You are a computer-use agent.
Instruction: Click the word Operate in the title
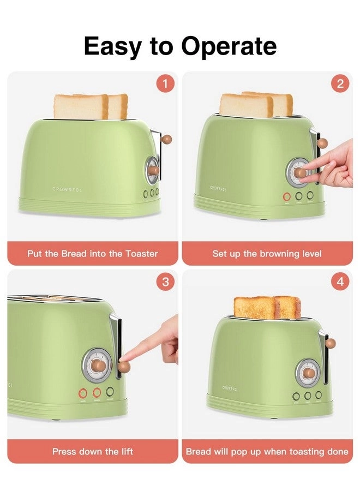tap(229, 47)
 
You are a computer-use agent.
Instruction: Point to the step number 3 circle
tap(165, 282)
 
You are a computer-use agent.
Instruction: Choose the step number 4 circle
tap(340, 282)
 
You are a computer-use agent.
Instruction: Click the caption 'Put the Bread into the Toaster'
tap(93, 254)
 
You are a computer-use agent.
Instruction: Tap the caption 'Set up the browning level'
tap(267, 254)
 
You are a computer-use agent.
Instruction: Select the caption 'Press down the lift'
tap(93, 451)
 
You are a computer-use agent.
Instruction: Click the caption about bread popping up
tap(267, 451)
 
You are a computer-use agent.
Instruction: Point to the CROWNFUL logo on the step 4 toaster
tap(230, 387)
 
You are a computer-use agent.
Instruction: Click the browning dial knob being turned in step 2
tap(299, 172)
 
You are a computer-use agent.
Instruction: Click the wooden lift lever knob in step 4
tap(330, 343)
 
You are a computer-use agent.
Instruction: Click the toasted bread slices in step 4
tap(267, 308)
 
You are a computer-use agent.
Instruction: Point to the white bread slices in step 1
tap(91, 106)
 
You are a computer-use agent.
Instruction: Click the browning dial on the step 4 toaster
tap(308, 373)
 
